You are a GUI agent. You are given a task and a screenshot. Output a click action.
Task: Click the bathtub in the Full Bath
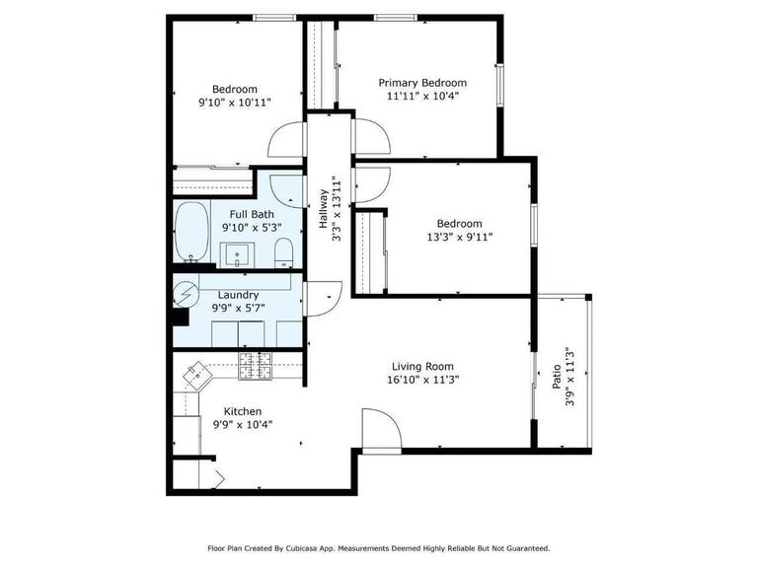tap(191, 232)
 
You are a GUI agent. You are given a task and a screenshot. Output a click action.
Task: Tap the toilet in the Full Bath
tap(283, 251)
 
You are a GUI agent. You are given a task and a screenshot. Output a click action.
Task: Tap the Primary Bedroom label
tap(423, 83)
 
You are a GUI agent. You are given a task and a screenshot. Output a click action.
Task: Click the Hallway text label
tap(323, 209)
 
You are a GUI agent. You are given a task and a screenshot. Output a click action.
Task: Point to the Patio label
tap(557, 375)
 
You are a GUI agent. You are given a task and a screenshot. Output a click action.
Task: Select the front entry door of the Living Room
tap(381, 432)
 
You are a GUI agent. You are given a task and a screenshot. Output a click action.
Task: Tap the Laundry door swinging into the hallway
tap(323, 298)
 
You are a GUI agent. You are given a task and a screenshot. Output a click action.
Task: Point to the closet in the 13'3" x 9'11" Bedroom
tap(369, 251)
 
